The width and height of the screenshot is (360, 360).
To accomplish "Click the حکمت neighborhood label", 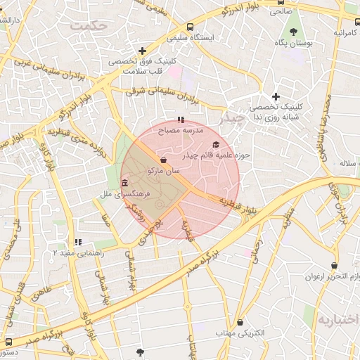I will click(90, 25).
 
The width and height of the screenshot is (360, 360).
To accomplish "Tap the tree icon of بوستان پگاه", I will click(292, 32).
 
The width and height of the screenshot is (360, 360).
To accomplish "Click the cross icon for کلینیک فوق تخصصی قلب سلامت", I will click(143, 51).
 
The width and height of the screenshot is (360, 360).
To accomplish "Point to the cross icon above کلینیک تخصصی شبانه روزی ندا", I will click(276, 96).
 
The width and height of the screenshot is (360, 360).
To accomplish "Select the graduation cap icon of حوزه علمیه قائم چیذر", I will click(214, 143).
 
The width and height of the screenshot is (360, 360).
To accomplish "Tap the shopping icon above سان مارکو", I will click(163, 159).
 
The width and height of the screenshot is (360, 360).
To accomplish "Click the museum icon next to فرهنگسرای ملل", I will click(124, 183).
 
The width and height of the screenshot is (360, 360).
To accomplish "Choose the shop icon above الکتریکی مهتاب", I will click(240, 322).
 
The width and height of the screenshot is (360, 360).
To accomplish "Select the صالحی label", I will click(281, 11).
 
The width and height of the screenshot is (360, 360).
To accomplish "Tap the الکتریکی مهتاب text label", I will click(240, 333).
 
